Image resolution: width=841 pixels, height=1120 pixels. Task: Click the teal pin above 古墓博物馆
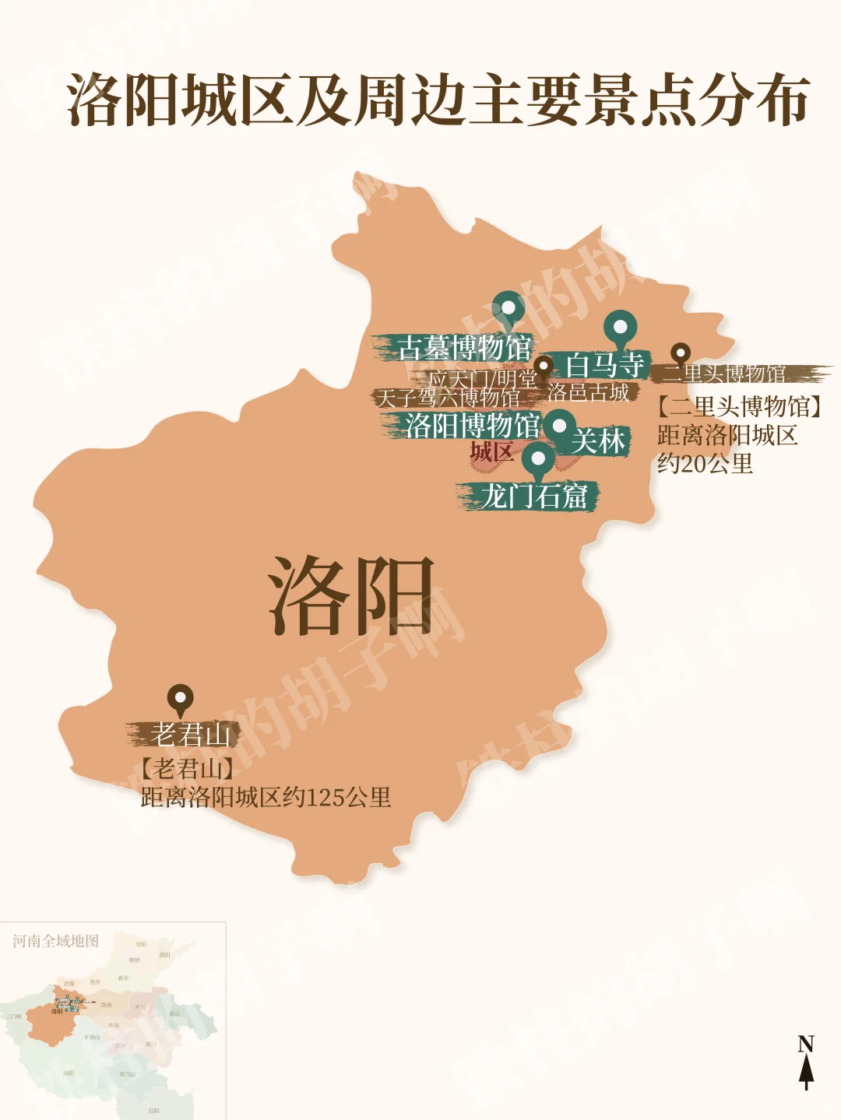[x=508, y=309]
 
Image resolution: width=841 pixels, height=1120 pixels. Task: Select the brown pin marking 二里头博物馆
[x=681, y=354]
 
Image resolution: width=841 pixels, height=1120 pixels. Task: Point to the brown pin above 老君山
[x=180, y=698]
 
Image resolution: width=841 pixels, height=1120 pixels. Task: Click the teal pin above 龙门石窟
[x=537, y=459]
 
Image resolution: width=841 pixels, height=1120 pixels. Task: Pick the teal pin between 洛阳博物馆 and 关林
[x=559, y=427]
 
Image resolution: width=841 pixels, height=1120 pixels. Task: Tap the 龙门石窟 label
[x=533, y=496]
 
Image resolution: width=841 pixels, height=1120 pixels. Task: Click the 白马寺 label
[x=605, y=364]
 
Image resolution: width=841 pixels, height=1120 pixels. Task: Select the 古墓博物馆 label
[x=464, y=347]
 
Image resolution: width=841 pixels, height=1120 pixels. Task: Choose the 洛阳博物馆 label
[x=472, y=425]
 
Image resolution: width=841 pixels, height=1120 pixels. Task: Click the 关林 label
[x=598, y=441]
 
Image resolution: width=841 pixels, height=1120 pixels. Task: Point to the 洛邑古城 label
[x=588, y=392]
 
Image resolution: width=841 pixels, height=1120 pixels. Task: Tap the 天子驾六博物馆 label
[x=448, y=398]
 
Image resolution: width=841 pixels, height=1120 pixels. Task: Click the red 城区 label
[x=491, y=452]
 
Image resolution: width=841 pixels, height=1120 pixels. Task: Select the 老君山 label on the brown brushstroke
[x=190, y=734]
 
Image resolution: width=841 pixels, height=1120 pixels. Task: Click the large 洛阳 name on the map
[x=350, y=595]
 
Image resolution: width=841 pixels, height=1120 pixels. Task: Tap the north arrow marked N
[x=806, y=1062]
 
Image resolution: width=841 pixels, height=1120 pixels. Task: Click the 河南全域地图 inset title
[x=56, y=941]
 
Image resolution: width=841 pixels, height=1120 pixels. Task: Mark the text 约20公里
[x=705, y=464]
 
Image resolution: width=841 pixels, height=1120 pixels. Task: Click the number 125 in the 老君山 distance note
[x=325, y=799]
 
